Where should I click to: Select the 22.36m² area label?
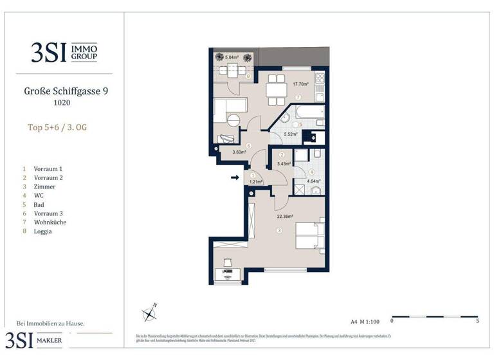pyautogui.click(x=284, y=217)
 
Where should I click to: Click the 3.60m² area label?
pyautogui.click(x=230, y=152)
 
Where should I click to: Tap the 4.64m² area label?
pyautogui.click(x=313, y=181)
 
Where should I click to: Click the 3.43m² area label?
pyautogui.click(x=284, y=164)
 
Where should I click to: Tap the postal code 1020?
pyautogui.click(x=61, y=102)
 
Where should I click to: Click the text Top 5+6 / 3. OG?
pyautogui.click(x=57, y=127)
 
